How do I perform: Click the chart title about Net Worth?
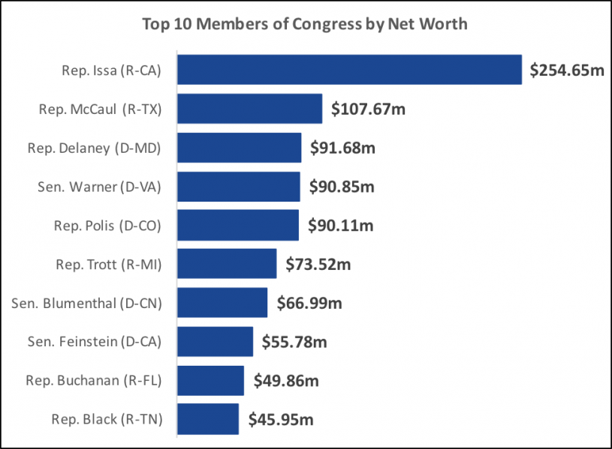(x=305, y=24)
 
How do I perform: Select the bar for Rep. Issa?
(x=350, y=70)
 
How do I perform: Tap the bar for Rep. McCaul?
(x=250, y=109)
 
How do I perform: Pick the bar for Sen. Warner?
(x=240, y=186)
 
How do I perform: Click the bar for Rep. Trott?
(x=228, y=264)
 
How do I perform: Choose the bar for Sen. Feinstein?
(x=216, y=342)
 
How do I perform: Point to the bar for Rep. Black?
(x=209, y=419)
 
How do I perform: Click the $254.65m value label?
(x=567, y=70)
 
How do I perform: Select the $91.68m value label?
(x=342, y=148)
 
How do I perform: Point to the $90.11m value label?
(x=341, y=225)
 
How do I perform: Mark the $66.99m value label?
(x=309, y=303)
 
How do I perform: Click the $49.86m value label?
(x=286, y=381)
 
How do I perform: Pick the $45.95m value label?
(x=281, y=420)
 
